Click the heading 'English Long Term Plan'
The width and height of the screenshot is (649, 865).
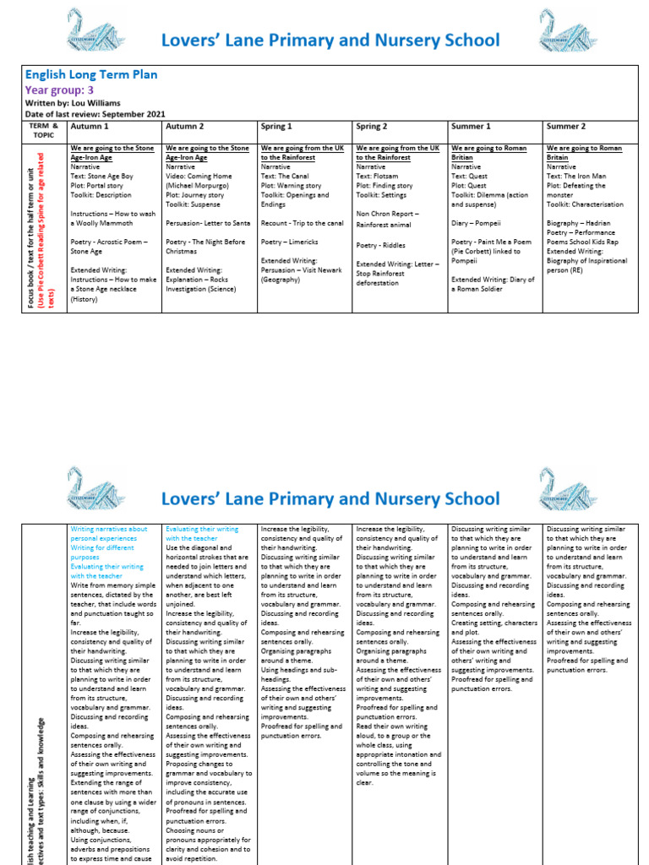click(x=91, y=75)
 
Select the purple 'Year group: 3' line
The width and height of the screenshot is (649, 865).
click(x=60, y=90)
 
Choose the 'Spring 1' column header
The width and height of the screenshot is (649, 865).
click(x=276, y=127)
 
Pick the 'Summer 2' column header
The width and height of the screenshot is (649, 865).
click(x=565, y=127)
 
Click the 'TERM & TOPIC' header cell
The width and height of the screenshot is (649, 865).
click(x=43, y=130)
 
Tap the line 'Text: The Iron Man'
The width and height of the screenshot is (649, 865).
click(x=576, y=176)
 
